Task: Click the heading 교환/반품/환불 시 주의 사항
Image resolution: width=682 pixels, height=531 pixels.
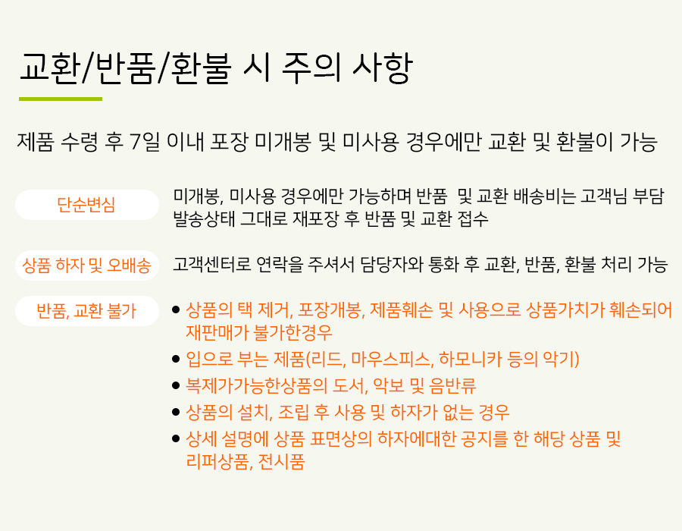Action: (x=215, y=68)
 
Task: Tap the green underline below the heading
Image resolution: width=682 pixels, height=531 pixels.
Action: (x=61, y=99)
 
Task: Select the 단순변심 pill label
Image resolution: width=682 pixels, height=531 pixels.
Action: (x=86, y=205)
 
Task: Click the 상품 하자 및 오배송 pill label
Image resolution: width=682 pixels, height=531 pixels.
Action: (x=86, y=265)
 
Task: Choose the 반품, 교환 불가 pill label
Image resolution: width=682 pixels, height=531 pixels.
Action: (x=86, y=311)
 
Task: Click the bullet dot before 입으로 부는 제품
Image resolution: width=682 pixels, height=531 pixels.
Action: (x=176, y=359)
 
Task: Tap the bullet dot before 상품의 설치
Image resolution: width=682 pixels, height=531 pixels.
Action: (x=176, y=412)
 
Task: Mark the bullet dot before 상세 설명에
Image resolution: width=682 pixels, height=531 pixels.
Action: (x=176, y=438)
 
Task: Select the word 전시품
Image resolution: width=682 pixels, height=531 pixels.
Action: (x=281, y=461)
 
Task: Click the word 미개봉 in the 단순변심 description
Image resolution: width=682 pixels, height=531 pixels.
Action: (x=199, y=196)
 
